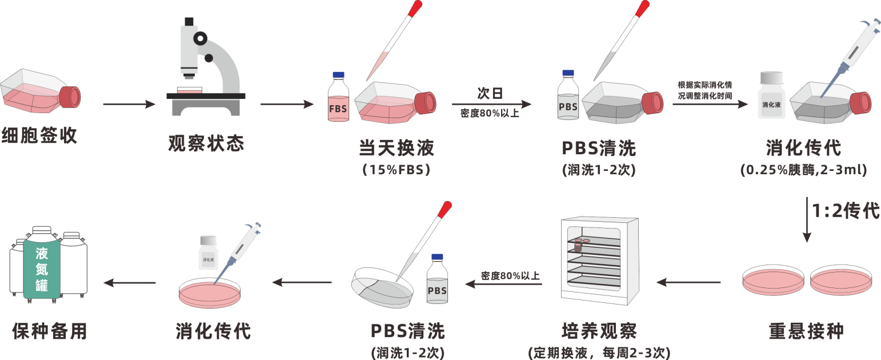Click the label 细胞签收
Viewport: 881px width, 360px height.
coord(39,136)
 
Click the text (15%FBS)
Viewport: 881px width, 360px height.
coord(396,170)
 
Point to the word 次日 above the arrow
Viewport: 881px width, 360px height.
coord(490,93)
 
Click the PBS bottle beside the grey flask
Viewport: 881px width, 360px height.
coord(568,97)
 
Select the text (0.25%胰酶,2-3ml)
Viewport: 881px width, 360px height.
coord(804,170)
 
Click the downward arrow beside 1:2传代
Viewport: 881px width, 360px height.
coord(807,220)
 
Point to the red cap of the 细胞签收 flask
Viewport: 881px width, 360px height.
coord(70,97)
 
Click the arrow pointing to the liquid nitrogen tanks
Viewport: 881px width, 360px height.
coord(129,282)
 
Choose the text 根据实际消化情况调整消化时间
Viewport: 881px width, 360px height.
coord(704,90)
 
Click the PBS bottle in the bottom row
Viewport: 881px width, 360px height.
coord(437,283)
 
